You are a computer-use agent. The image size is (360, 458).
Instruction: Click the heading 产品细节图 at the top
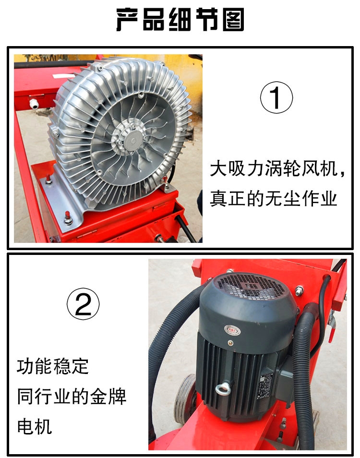pos(180,20)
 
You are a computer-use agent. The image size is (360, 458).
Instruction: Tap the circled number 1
pos(276,97)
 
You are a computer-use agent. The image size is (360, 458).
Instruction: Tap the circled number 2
pos(83,304)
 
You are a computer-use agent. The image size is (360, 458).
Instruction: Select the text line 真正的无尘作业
pos(274,199)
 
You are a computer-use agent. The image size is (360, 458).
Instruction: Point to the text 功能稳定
pos(52,366)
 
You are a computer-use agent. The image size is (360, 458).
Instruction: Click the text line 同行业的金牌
pos(72,397)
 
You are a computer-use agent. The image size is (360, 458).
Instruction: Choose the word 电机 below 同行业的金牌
pos(35,426)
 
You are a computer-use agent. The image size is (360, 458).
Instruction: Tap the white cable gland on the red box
pos(34,104)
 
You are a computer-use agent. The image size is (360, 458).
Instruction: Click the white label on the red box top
pos(63,76)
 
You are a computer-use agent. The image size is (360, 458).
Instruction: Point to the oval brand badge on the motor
pos(232,330)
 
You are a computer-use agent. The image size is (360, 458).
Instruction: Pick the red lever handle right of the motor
pos(331,330)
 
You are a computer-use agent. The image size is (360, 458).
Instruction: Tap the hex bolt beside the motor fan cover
pos(299,290)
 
